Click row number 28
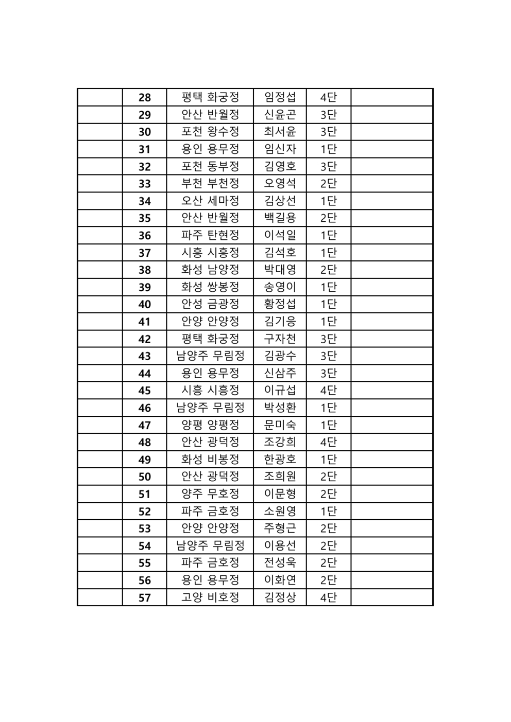[145, 97]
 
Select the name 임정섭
[280, 97]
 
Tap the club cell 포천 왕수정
[210, 132]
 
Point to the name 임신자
[280, 149]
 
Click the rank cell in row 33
[328, 184]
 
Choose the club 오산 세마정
[210, 201]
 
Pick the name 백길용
[280, 218]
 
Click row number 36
[145, 235]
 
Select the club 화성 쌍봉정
[210, 287]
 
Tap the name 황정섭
[280, 304]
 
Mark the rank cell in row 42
[328, 339]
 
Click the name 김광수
[280, 356]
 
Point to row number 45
[145, 391]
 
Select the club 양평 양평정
[210, 425]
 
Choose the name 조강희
[280, 442]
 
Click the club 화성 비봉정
[210, 460]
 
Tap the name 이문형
[280, 494]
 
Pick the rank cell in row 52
[328, 512]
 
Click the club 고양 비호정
[210, 597]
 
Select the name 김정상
[280, 597]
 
